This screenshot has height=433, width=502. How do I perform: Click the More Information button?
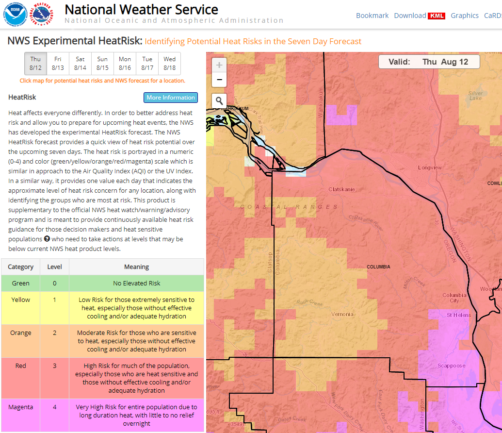(x=171, y=98)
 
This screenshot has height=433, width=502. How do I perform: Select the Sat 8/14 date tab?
(x=81, y=64)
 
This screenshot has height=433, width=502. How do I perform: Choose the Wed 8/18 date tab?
(x=169, y=64)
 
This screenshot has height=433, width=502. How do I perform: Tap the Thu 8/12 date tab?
(x=35, y=64)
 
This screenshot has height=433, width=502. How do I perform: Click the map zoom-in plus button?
(x=219, y=65)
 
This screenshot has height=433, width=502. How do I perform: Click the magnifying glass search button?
(x=219, y=100)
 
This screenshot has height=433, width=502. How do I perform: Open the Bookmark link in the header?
(x=372, y=16)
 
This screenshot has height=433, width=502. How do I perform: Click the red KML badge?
(x=437, y=16)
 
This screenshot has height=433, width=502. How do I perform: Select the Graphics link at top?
(x=465, y=16)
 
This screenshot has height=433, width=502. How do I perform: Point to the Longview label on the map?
(x=430, y=168)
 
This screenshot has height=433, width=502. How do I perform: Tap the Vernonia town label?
(x=342, y=314)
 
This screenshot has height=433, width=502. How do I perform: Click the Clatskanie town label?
(x=341, y=189)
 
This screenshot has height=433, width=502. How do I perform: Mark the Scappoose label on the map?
(x=451, y=366)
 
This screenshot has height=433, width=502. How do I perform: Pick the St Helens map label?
(x=459, y=315)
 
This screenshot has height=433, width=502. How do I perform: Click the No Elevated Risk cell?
(x=136, y=283)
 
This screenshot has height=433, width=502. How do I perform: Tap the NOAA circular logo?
(x=15, y=14)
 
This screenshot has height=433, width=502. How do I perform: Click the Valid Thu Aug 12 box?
(x=429, y=62)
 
